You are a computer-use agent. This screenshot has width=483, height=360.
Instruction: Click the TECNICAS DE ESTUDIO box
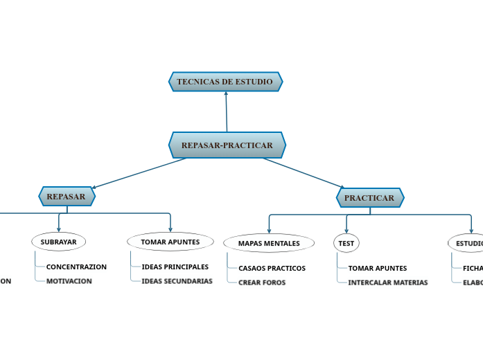click(x=225, y=82)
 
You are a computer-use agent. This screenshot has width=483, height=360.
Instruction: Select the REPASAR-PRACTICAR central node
click(x=227, y=145)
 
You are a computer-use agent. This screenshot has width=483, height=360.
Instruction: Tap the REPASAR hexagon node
click(x=67, y=197)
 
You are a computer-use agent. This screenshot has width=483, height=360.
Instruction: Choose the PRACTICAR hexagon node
click(x=369, y=198)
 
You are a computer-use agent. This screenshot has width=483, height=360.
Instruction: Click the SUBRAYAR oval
click(x=59, y=242)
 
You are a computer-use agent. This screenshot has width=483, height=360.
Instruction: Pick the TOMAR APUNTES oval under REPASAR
click(x=170, y=242)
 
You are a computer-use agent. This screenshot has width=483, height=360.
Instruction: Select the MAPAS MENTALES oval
click(x=269, y=243)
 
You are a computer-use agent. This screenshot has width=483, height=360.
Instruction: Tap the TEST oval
click(x=346, y=243)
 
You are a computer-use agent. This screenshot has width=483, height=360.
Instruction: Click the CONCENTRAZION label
click(x=76, y=267)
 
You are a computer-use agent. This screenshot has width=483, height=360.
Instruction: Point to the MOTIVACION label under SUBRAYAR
click(x=69, y=281)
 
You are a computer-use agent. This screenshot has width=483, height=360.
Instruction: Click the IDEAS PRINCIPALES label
click(x=175, y=267)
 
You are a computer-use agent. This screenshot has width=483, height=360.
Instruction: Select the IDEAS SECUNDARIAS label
click(x=177, y=281)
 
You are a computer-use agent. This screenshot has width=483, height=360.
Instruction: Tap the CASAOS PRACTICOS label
click(x=272, y=268)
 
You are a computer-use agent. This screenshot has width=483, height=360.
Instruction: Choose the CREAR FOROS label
click(x=262, y=282)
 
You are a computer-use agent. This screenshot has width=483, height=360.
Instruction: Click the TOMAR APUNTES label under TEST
click(x=377, y=268)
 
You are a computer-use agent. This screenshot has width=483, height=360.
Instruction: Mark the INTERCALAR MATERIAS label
click(x=387, y=282)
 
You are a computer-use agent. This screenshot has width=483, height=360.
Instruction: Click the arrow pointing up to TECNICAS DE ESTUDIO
click(x=226, y=111)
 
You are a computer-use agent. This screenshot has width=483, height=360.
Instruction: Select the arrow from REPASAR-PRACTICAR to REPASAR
click(x=139, y=173)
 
